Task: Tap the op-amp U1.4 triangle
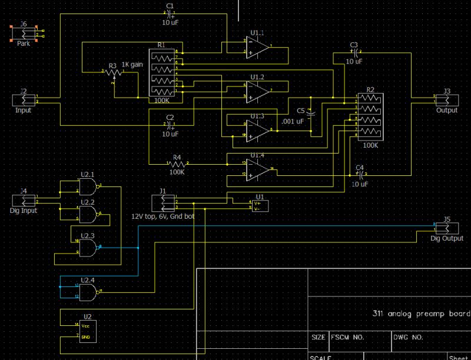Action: point(258,169)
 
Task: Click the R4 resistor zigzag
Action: point(176,164)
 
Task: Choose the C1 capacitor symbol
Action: point(170,14)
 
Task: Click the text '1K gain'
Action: point(132,64)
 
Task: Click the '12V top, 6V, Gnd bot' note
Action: point(163,216)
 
